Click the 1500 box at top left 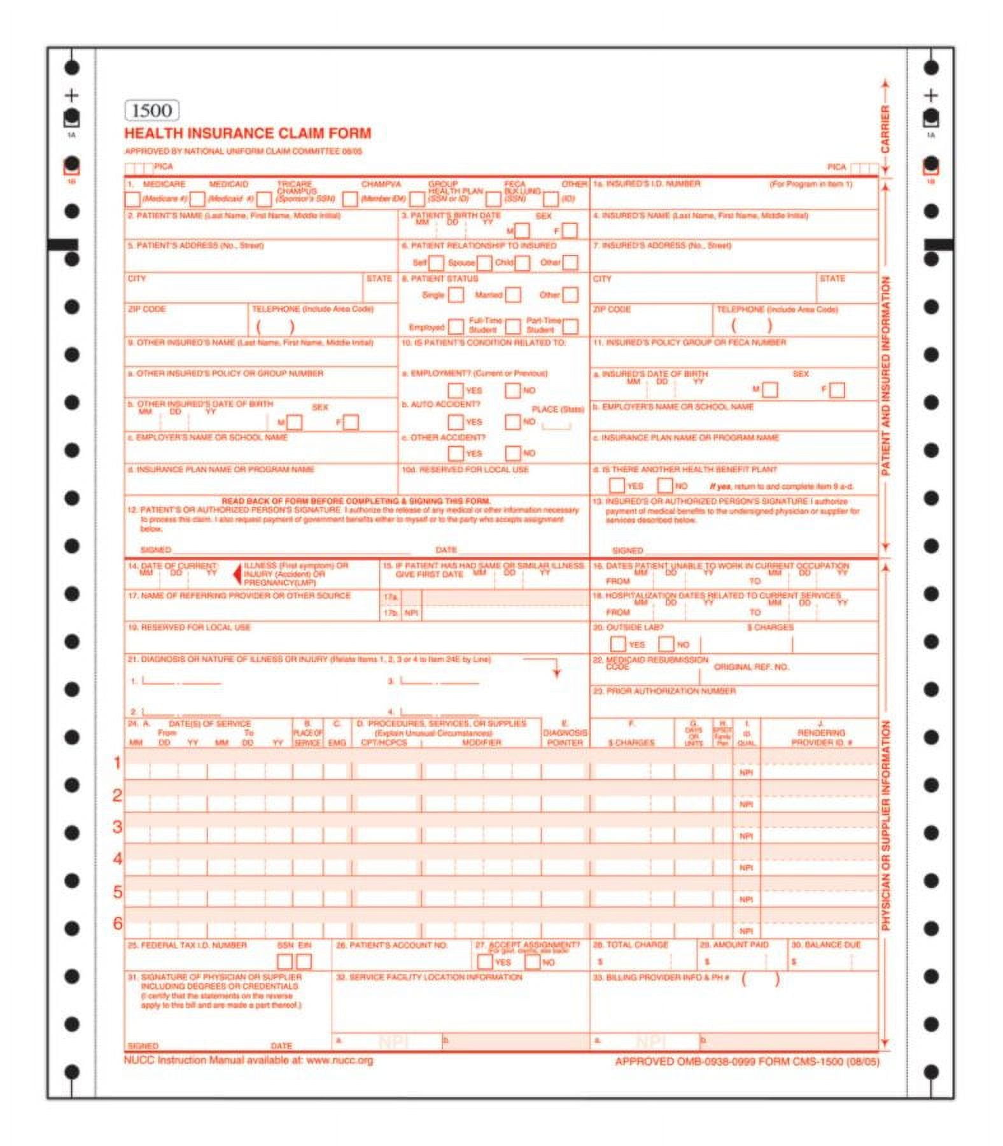(151, 111)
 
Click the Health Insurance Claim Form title (248, 134)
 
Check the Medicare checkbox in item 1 (132, 199)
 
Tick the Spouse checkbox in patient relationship (484, 262)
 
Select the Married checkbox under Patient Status (512, 295)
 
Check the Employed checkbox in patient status (456, 327)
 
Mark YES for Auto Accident (456, 421)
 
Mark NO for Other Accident (512, 453)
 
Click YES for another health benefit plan (617, 485)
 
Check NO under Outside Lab (666, 644)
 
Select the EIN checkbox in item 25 (304, 961)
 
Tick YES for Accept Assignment (484, 961)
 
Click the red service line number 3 (117, 827)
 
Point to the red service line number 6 (117, 923)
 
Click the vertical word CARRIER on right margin (885, 129)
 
